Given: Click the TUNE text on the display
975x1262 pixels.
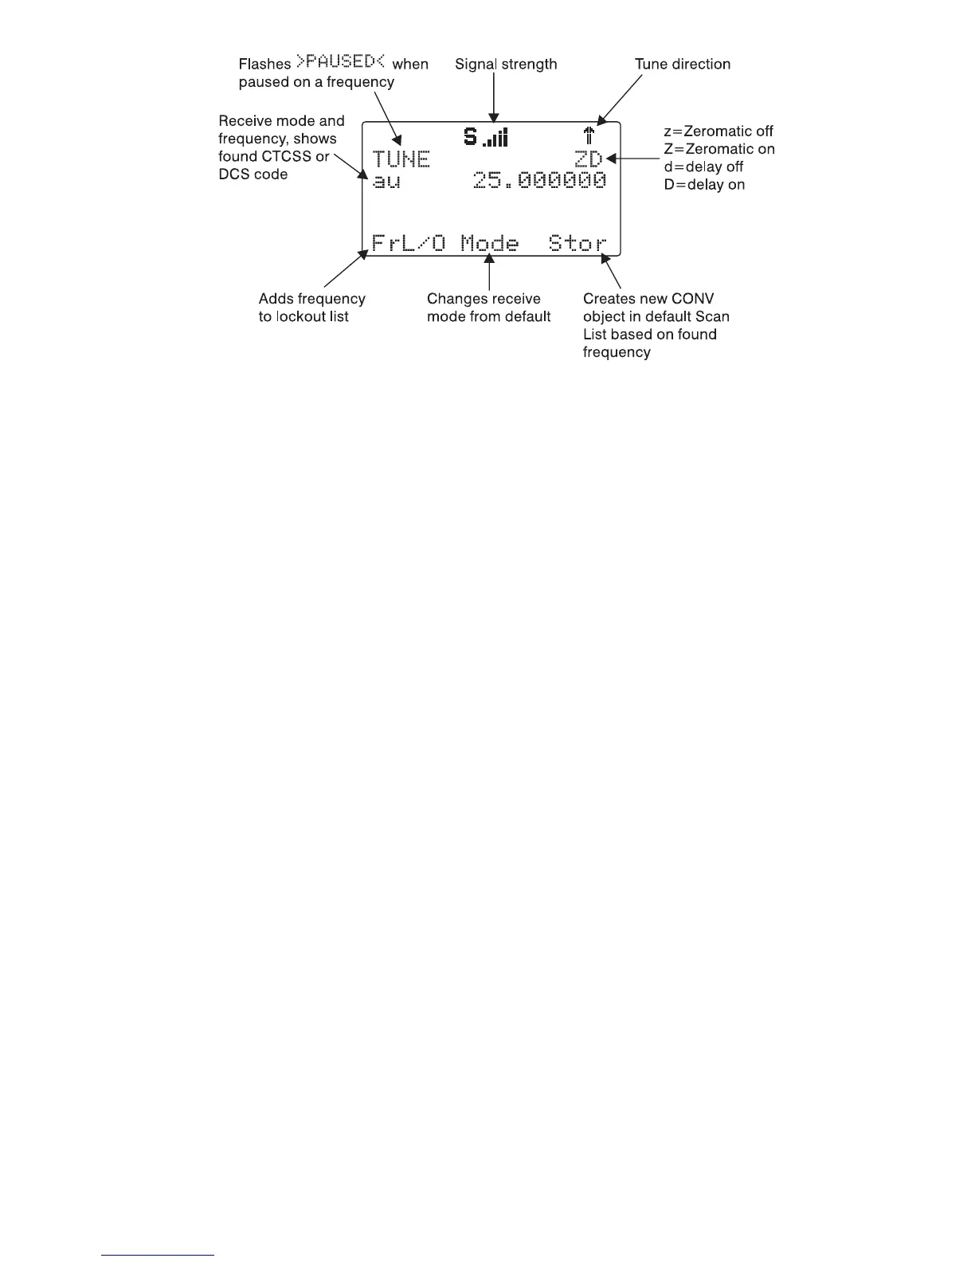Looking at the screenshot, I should click(401, 159).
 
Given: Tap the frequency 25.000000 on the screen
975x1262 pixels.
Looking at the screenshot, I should click(539, 181).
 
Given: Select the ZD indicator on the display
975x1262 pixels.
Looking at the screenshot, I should click(589, 159).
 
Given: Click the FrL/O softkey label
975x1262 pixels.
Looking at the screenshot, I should click(409, 243).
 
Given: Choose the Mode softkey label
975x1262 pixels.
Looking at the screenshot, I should click(489, 243).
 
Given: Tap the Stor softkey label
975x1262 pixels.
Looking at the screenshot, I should click(578, 243).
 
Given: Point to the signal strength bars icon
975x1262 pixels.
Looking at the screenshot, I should click(495, 139).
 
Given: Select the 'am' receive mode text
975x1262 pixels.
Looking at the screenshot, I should click(387, 182).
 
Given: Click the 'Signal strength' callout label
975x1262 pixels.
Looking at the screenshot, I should click(506, 65).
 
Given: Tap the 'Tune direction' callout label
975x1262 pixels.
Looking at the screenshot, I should click(682, 65).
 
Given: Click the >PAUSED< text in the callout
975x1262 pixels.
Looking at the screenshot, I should click(341, 62).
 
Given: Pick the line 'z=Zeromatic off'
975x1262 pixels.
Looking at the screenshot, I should click(719, 131).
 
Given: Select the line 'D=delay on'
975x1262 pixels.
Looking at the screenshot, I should click(704, 185).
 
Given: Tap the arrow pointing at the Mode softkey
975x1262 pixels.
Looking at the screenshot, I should click(489, 271).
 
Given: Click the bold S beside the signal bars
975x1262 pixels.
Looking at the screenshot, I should click(471, 138).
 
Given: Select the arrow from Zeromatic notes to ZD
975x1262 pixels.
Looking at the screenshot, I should click(632, 159).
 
